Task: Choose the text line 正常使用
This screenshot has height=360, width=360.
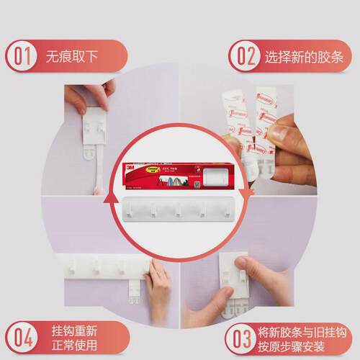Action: click(x=74, y=345)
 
